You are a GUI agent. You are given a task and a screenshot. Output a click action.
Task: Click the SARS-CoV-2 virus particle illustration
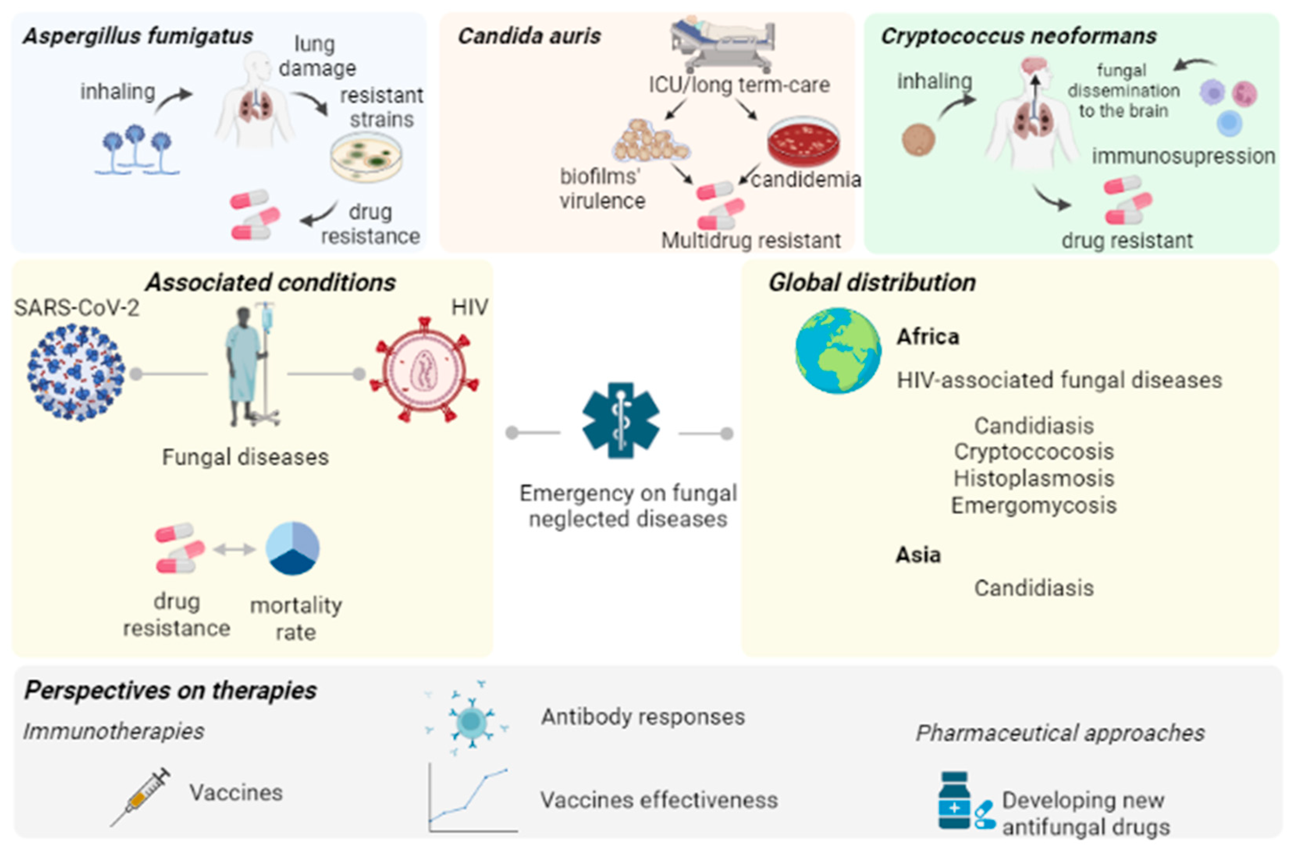76,373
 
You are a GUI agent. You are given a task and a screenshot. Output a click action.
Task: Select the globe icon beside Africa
838,351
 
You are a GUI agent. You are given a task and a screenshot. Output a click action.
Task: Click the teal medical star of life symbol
620,420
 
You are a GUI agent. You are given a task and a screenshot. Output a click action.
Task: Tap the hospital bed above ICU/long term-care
722,43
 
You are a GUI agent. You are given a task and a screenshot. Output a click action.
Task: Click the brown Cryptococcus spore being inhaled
918,140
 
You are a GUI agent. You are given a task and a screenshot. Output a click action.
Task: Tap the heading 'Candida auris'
529,36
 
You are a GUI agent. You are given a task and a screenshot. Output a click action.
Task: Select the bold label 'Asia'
918,555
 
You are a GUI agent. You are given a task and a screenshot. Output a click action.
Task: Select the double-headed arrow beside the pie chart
234,550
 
